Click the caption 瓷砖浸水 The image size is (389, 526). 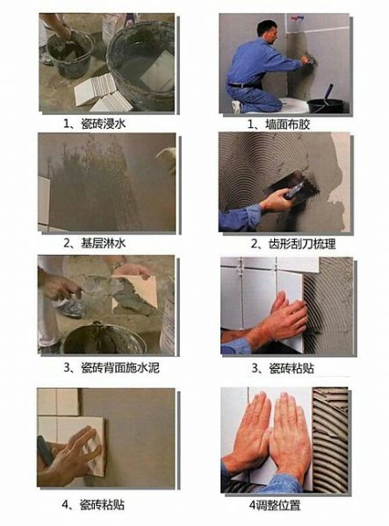(104, 124)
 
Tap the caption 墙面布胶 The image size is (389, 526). (287, 124)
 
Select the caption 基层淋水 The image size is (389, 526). (104, 243)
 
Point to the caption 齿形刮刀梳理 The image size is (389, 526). (302, 244)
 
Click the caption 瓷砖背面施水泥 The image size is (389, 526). (120, 368)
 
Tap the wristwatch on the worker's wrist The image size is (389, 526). (119, 264)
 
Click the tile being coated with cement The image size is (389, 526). (134, 294)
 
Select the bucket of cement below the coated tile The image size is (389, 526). (104, 338)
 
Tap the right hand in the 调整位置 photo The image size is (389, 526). (290, 436)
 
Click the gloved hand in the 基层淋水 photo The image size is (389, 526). (167, 160)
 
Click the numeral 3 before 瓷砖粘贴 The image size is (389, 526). (256, 369)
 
